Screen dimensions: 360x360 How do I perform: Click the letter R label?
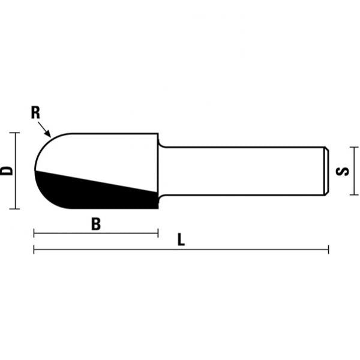[x=35, y=112]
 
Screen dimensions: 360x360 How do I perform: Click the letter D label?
[x=7, y=170]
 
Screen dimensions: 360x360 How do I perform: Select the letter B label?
[x=95, y=224]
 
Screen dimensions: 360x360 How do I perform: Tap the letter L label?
[x=181, y=240]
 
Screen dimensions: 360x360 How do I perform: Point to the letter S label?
[x=343, y=171]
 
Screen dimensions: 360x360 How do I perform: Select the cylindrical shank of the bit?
[x=240, y=170]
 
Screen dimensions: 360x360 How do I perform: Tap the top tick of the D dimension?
[x=15, y=133]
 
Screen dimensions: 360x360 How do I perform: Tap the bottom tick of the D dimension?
[x=15, y=209]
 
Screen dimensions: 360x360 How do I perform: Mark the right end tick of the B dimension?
[x=157, y=233]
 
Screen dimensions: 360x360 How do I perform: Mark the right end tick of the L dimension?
[x=328, y=249]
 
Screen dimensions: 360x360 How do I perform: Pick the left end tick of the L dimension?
[x=34, y=249]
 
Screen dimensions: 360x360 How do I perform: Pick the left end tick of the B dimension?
[x=34, y=233]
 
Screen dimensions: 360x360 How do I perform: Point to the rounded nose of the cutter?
[x=40, y=162]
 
